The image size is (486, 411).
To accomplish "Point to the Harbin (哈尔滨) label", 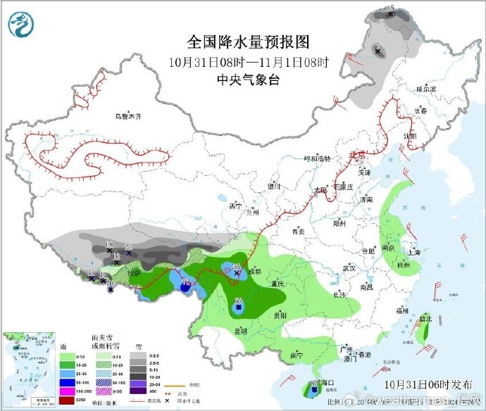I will pyautogui.click(x=425, y=89).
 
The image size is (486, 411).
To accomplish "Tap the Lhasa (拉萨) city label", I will pyautogui.click(x=134, y=272).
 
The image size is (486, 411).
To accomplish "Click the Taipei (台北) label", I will pyautogui.click(x=425, y=318).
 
